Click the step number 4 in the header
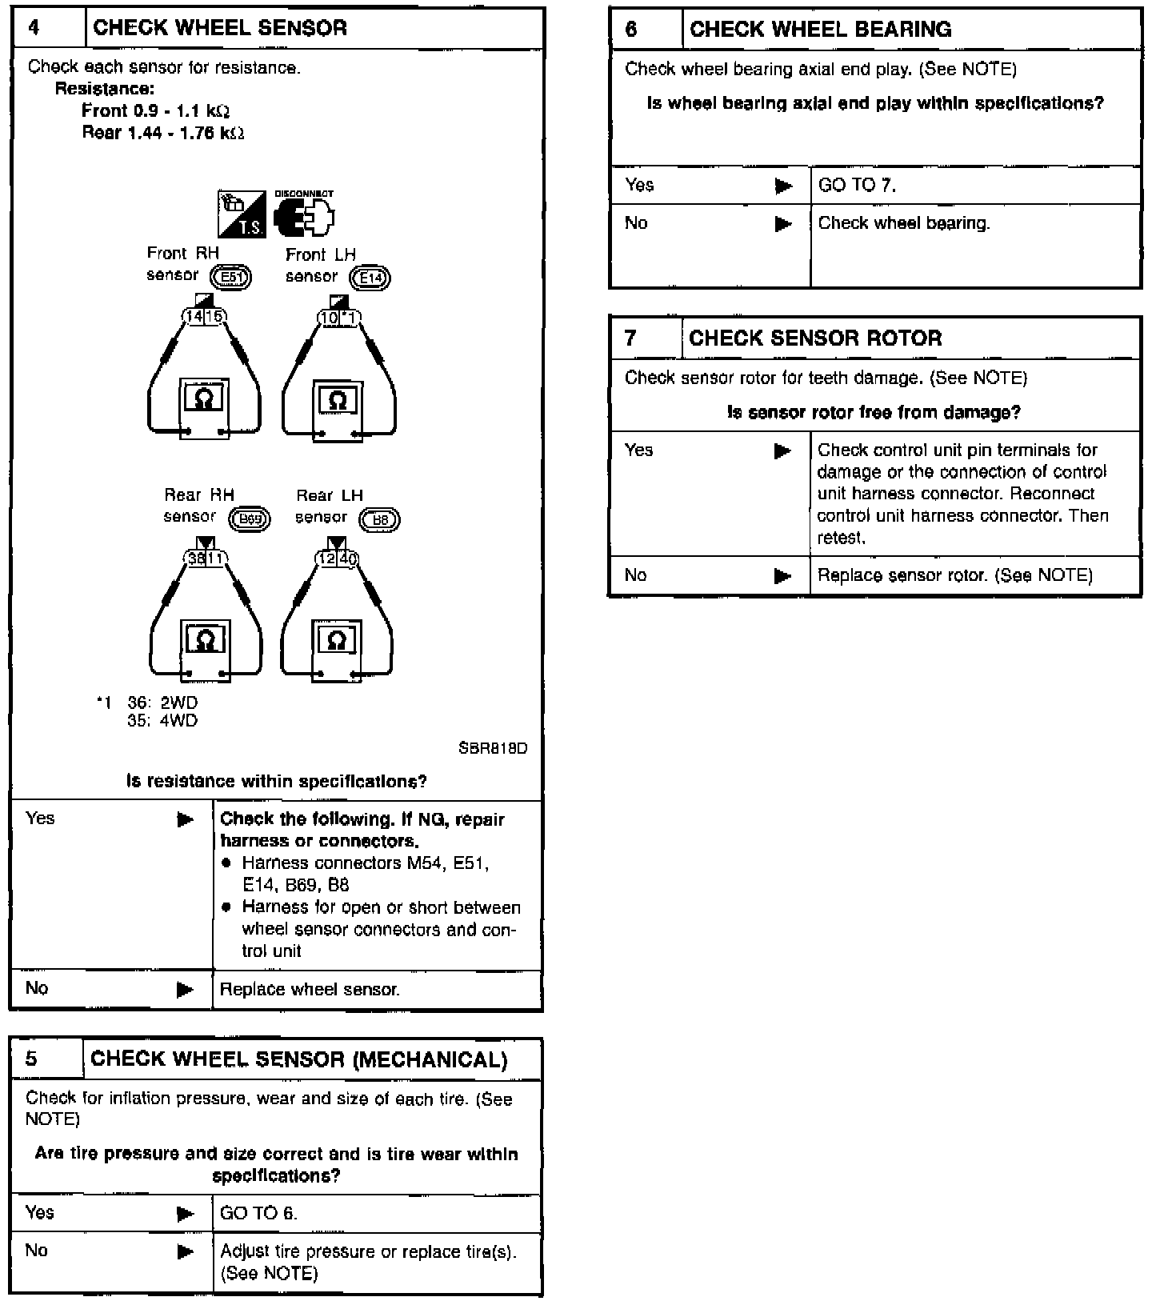[x=34, y=28]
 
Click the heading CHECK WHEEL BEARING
[x=820, y=30]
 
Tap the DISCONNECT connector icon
[x=304, y=215]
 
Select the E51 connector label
[x=230, y=278]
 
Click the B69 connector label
[x=250, y=519]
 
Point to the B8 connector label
[x=380, y=520]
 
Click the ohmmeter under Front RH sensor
[x=204, y=404]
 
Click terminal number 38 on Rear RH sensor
[x=197, y=558]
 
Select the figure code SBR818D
[x=493, y=749]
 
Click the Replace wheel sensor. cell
[x=310, y=990]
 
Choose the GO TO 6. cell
[x=258, y=1213]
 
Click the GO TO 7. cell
[x=857, y=186]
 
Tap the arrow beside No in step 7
[x=782, y=576]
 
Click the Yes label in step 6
[x=639, y=186]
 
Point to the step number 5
[x=31, y=1059]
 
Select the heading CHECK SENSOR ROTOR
[x=815, y=338]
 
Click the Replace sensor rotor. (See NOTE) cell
[x=954, y=576]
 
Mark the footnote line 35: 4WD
[x=162, y=721]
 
